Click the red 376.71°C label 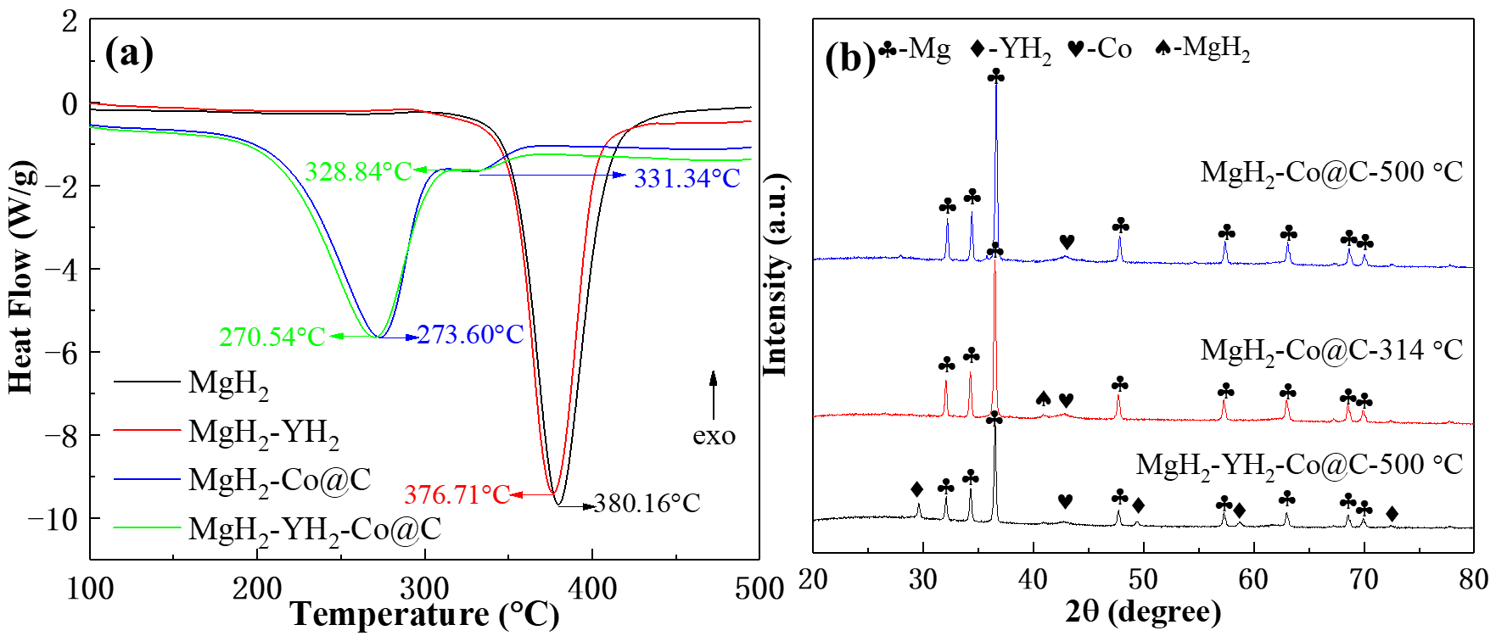point(457,494)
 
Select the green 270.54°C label point(272,338)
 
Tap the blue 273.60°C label point(470,335)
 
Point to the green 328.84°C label point(358,172)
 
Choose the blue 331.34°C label point(686,179)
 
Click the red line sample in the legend point(147,430)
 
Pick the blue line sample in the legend point(147,479)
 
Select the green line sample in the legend point(147,527)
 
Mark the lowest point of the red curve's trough point(553,493)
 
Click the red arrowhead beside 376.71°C point(517,494)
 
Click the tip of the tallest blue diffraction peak point(996,85)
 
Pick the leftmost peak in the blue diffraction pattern point(948,220)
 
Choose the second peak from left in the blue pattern point(972,215)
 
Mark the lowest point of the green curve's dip point(375,337)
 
